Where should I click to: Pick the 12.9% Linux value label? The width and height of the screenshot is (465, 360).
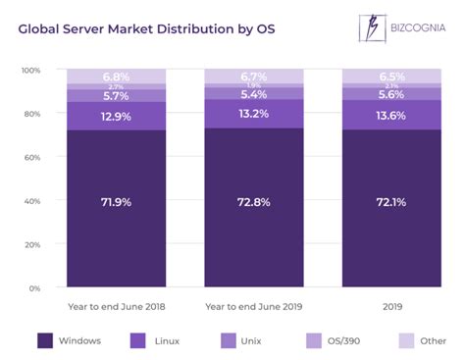pos(117,116)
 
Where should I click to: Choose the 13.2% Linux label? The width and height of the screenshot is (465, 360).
pos(254,114)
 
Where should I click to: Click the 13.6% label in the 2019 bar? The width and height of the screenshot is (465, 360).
pos(390,114)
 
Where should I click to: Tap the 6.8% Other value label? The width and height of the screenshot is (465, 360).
pos(117,77)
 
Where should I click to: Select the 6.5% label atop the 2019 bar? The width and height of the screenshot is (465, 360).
pos(390,77)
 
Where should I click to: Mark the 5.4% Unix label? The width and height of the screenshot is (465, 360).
pos(254,94)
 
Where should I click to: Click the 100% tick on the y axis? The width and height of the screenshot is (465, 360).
pos(30,71)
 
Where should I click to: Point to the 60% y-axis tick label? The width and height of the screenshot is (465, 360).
pos(32,157)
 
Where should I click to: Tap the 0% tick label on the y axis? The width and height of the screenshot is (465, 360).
pos(34,287)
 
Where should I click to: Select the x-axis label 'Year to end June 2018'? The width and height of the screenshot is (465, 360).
pos(117,305)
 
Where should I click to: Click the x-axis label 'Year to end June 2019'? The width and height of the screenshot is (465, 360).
pos(254,305)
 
